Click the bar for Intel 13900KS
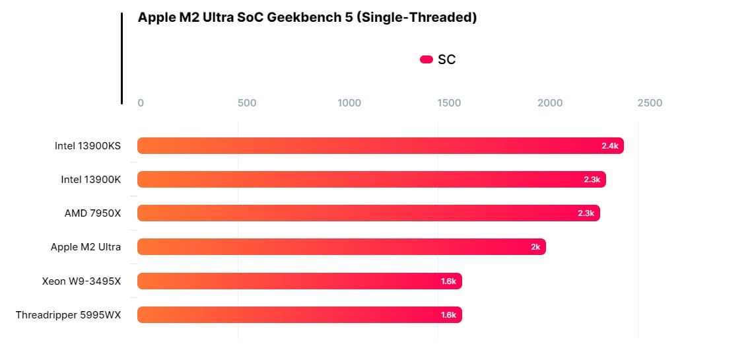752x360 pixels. pyautogui.click(x=380, y=145)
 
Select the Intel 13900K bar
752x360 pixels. pyautogui.click(x=371, y=179)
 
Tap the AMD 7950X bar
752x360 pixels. pyautogui.click(x=368, y=213)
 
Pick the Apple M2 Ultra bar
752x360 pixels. pyautogui.click(x=341, y=247)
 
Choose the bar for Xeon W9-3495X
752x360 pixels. pyautogui.click(x=299, y=281)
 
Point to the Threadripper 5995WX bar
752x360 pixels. pyautogui.click(x=299, y=315)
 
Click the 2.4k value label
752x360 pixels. pyautogui.click(x=609, y=146)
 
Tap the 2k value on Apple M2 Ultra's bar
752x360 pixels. pyautogui.click(x=535, y=247)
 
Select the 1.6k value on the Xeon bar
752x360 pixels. pyautogui.click(x=448, y=281)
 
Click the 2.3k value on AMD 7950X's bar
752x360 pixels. pyautogui.click(x=586, y=213)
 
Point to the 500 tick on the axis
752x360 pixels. pyautogui.click(x=246, y=103)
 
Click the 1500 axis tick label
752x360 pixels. pyautogui.click(x=449, y=103)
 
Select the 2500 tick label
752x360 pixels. pyautogui.click(x=650, y=103)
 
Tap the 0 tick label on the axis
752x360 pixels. pyautogui.click(x=141, y=103)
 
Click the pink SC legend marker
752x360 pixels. pyautogui.click(x=426, y=59)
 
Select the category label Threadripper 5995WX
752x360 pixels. pyautogui.click(x=69, y=315)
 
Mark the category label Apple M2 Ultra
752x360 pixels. pyautogui.click(x=86, y=247)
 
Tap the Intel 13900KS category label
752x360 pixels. pyautogui.click(x=88, y=145)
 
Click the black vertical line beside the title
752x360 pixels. pyautogui.click(x=122, y=58)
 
